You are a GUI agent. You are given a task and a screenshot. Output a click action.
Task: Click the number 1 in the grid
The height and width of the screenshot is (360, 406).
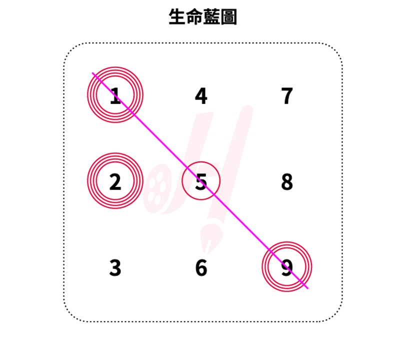[x=115, y=95]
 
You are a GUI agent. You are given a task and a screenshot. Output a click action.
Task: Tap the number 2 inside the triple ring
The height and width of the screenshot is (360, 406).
[x=115, y=182]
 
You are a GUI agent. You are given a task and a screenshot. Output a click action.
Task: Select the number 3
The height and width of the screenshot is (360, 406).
[x=115, y=268]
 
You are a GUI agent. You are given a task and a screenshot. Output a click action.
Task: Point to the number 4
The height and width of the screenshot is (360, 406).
[x=201, y=95]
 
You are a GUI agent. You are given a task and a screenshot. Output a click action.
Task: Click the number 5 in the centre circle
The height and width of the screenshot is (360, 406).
[x=201, y=182]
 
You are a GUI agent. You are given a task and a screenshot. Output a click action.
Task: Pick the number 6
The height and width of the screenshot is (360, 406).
[x=201, y=268]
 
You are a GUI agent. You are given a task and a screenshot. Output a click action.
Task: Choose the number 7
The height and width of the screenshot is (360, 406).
[x=287, y=95]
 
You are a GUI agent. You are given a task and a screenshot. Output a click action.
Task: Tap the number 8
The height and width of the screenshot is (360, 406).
[x=287, y=182]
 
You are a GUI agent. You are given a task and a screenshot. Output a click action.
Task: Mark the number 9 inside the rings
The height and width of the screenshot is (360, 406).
[x=287, y=268]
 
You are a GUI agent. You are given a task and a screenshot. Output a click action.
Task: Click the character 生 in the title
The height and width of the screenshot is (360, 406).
[x=177, y=16]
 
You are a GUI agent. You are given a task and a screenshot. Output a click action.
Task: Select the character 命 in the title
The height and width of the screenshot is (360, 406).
[x=194, y=16]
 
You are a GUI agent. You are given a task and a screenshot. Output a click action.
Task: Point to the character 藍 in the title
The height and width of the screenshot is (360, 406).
[x=211, y=16]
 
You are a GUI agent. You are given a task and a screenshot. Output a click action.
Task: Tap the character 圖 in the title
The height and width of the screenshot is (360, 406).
[x=228, y=16]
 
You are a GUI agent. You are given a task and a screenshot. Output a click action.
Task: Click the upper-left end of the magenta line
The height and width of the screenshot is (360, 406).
[x=92, y=73]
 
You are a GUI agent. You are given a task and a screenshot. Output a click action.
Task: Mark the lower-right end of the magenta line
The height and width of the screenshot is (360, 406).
[x=307, y=288]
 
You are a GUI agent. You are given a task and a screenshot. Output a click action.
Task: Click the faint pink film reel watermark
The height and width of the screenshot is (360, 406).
[x=157, y=188]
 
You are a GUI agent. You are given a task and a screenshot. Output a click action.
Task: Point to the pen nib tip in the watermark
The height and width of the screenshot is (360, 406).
[x=205, y=252]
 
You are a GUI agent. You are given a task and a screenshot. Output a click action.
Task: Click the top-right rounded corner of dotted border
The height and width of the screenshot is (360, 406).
[x=335, y=49]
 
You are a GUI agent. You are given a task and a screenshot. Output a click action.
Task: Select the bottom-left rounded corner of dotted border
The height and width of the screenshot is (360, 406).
[x=70, y=315]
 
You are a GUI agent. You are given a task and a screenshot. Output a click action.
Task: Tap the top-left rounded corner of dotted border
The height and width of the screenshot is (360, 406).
[x=70, y=49]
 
